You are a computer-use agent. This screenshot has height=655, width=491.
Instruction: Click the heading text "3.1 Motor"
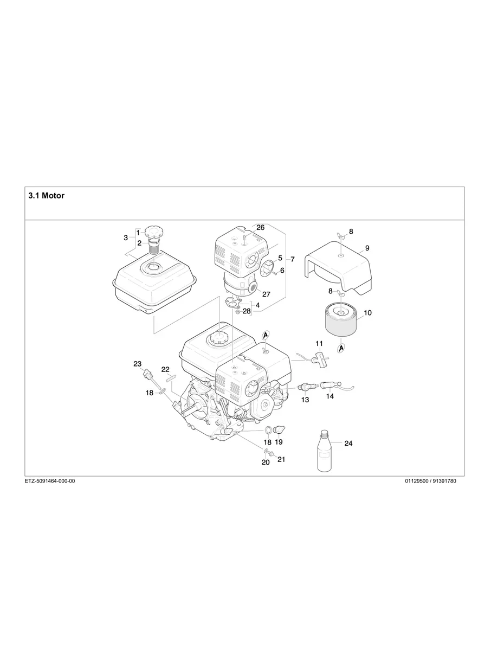point(46,196)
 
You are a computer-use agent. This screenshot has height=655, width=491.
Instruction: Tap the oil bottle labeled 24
point(324,451)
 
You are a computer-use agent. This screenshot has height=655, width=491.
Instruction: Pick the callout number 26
point(260,227)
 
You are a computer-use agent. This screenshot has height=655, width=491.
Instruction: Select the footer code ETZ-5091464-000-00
point(50,481)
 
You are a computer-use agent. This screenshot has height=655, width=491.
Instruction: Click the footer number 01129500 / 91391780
point(430,481)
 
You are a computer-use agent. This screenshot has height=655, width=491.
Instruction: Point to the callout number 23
point(138,363)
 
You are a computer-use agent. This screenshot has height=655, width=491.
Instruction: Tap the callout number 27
point(266,294)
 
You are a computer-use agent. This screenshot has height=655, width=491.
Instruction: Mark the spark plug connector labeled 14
point(330,386)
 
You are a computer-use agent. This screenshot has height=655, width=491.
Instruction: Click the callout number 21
point(281,459)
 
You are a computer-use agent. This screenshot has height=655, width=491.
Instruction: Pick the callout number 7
point(293,260)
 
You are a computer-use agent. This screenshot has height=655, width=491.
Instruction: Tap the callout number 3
point(126,237)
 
